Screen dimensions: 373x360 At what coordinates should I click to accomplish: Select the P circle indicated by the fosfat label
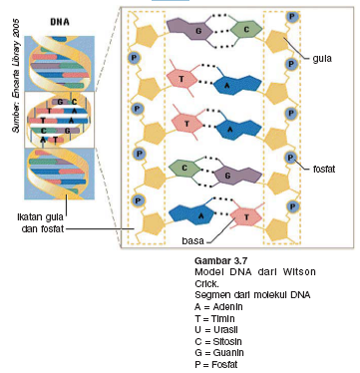coord(290,158)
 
